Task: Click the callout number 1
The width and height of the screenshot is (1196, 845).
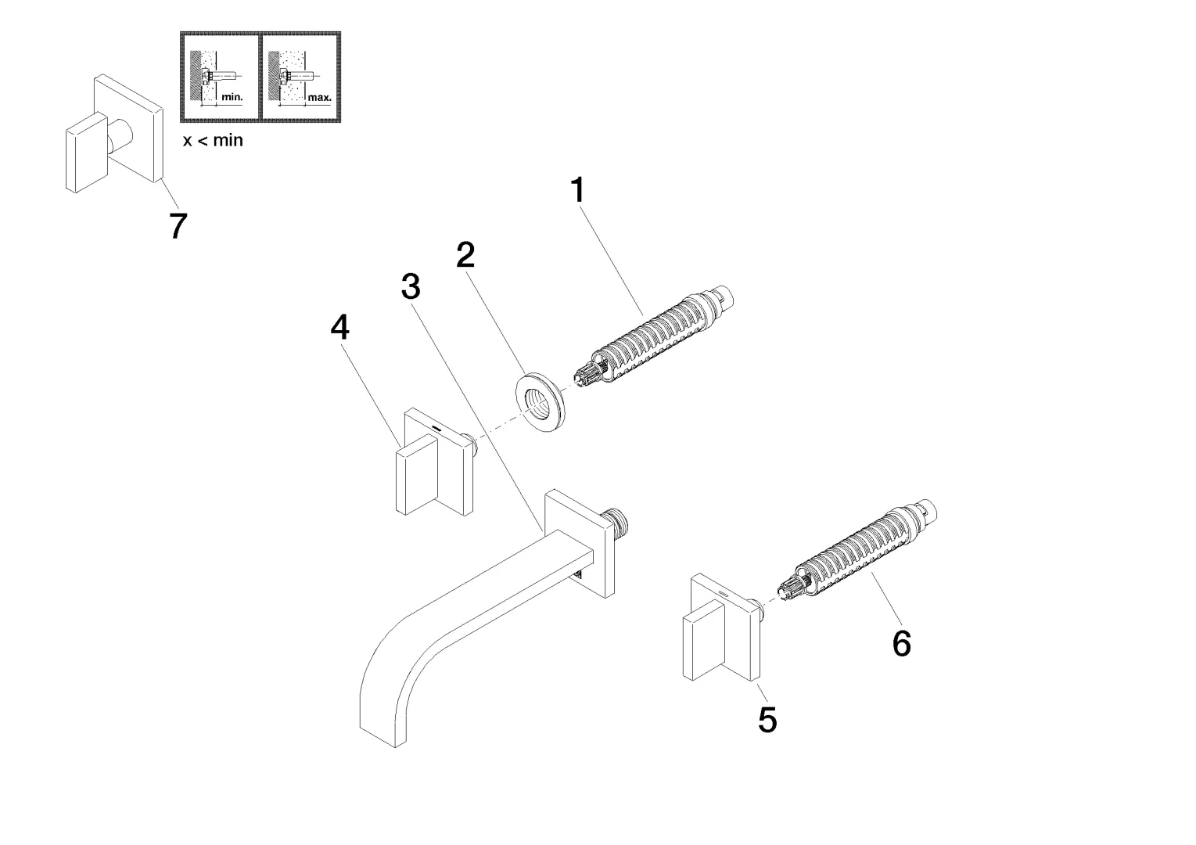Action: [x=577, y=190]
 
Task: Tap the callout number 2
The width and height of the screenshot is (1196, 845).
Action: [x=466, y=254]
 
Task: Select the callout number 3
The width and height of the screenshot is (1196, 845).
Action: [x=411, y=287]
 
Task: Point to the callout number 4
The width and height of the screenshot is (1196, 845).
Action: [x=339, y=328]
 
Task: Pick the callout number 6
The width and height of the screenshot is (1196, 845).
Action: [x=901, y=644]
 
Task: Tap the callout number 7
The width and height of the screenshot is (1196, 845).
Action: [x=178, y=226]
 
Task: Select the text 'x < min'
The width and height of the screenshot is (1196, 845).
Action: [x=213, y=141]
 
